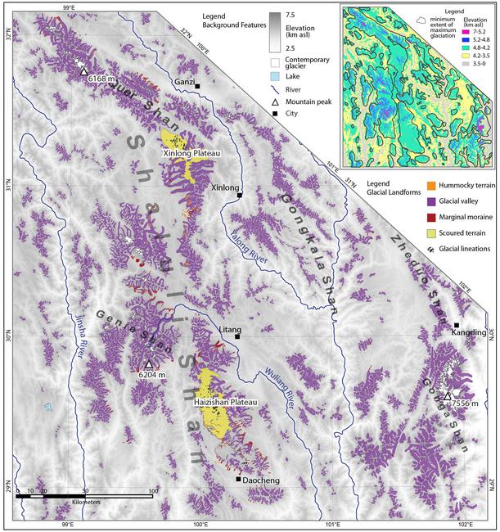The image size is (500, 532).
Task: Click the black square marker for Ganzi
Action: [197, 85]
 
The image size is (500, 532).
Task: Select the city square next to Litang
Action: [236, 336]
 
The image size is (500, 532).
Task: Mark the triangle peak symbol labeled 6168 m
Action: [83, 71]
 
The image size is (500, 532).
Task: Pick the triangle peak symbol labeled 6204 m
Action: [148, 364]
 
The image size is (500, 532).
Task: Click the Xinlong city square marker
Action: [239, 195]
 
